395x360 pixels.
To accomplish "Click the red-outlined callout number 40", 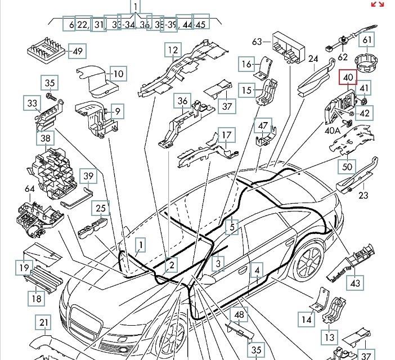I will [347, 77].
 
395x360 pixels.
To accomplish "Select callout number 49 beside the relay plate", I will [77, 52].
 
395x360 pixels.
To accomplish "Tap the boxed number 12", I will [172, 51].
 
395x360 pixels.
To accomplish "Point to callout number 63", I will [258, 41].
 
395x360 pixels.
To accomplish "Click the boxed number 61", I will [366, 40].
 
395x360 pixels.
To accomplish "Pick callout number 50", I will [347, 166].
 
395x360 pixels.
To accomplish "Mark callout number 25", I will [101, 209].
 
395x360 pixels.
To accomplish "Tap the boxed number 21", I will [43, 322].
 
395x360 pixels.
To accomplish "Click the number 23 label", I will [363, 196].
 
